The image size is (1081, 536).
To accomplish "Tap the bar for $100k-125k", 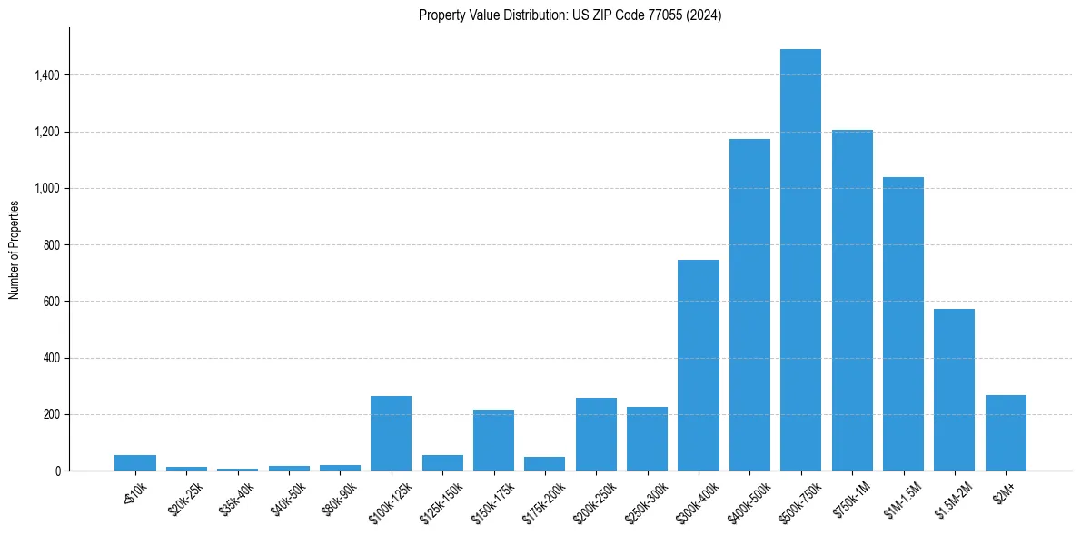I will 391,433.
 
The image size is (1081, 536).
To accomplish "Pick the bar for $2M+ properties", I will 1006,432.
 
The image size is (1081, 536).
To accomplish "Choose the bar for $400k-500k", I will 749,305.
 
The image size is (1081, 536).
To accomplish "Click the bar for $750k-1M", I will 852,301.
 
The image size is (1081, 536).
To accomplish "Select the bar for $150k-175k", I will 493,441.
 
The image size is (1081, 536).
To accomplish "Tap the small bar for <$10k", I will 135,462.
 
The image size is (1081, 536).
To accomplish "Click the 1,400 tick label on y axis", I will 46,75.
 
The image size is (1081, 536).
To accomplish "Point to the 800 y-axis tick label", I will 52,245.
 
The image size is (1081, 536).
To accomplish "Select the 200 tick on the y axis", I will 52,415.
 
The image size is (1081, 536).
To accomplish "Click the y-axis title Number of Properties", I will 15,249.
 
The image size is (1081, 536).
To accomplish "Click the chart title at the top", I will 570,15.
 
